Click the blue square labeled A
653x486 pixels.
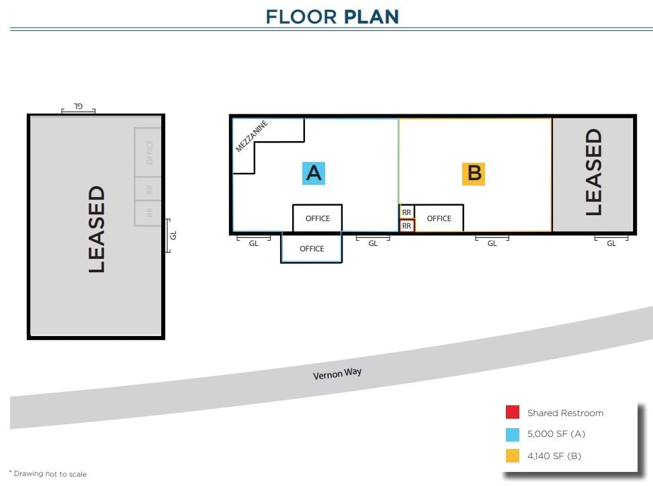pyautogui.click(x=314, y=173)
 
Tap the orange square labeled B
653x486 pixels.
pyautogui.click(x=474, y=173)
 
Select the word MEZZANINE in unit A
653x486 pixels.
pyautogui.click(x=252, y=136)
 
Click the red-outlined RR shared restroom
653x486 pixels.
pyautogui.click(x=406, y=227)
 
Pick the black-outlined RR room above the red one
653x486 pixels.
pyautogui.click(x=406, y=212)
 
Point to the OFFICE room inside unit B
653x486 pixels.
pyautogui.click(x=439, y=218)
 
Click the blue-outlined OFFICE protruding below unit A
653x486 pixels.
pyautogui.click(x=312, y=249)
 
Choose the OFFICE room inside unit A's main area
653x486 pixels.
pyautogui.click(x=318, y=218)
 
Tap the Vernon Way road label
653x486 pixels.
pyautogui.click(x=337, y=374)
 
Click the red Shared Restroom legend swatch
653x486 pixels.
pyautogui.click(x=513, y=413)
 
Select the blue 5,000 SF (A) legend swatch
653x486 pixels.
pyautogui.click(x=513, y=434)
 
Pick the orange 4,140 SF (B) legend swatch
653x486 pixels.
pyautogui.click(x=513, y=456)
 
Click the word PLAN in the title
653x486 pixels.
pyautogui.click(x=371, y=16)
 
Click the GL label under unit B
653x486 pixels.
pyautogui.click(x=492, y=243)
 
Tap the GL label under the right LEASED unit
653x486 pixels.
pyautogui.click(x=611, y=243)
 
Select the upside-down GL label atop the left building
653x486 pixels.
pyautogui.click(x=78, y=106)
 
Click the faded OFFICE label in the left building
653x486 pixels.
pyautogui.click(x=149, y=152)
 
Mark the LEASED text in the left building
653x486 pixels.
pyautogui.click(x=97, y=229)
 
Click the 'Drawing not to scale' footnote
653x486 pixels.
pyautogui.click(x=48, y=474)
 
